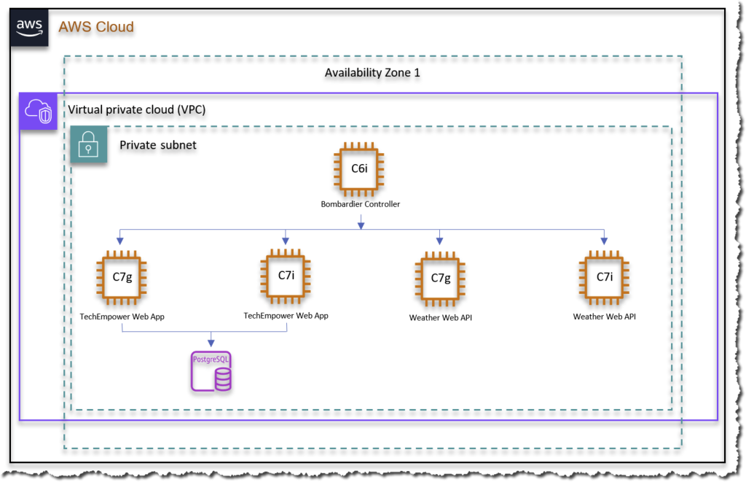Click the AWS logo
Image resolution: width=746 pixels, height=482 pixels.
click(30, 27)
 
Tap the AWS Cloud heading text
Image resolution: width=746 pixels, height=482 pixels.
click(96, 27)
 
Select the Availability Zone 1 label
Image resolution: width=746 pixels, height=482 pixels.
click(372, 73)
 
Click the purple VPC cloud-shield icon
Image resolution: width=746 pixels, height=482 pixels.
click(38, 112)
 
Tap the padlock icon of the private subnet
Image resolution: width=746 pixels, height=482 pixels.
click(89, 144)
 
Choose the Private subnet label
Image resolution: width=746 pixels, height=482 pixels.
click(158, 145)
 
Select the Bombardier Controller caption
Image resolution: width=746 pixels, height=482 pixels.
click(360, 204)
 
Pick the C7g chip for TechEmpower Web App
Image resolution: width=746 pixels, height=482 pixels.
click(122, 276)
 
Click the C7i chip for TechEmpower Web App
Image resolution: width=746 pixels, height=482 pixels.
click(286, 275)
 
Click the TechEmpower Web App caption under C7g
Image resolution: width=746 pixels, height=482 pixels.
click(122, 316)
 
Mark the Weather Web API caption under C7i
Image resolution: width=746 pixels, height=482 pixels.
click(605, 316)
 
